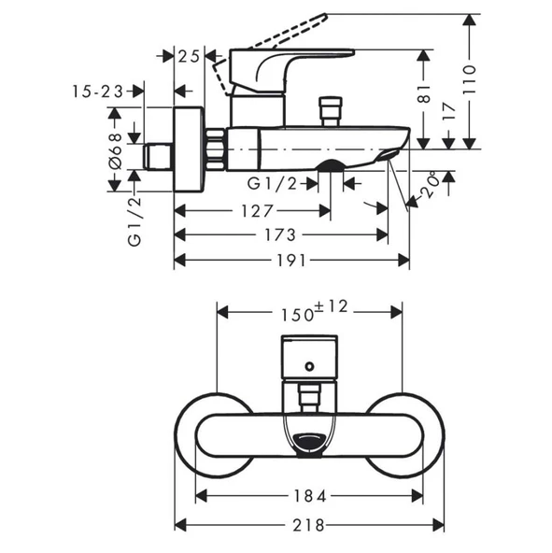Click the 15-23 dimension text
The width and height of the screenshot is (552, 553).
coord(97,92)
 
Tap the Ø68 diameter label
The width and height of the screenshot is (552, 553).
coord(115,149)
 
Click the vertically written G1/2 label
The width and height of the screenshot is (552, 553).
coord(134,220)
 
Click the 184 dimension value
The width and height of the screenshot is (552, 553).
coord(310,495)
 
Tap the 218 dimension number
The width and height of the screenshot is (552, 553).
coord(309,525)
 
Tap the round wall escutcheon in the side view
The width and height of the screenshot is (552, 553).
coord(191,149)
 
